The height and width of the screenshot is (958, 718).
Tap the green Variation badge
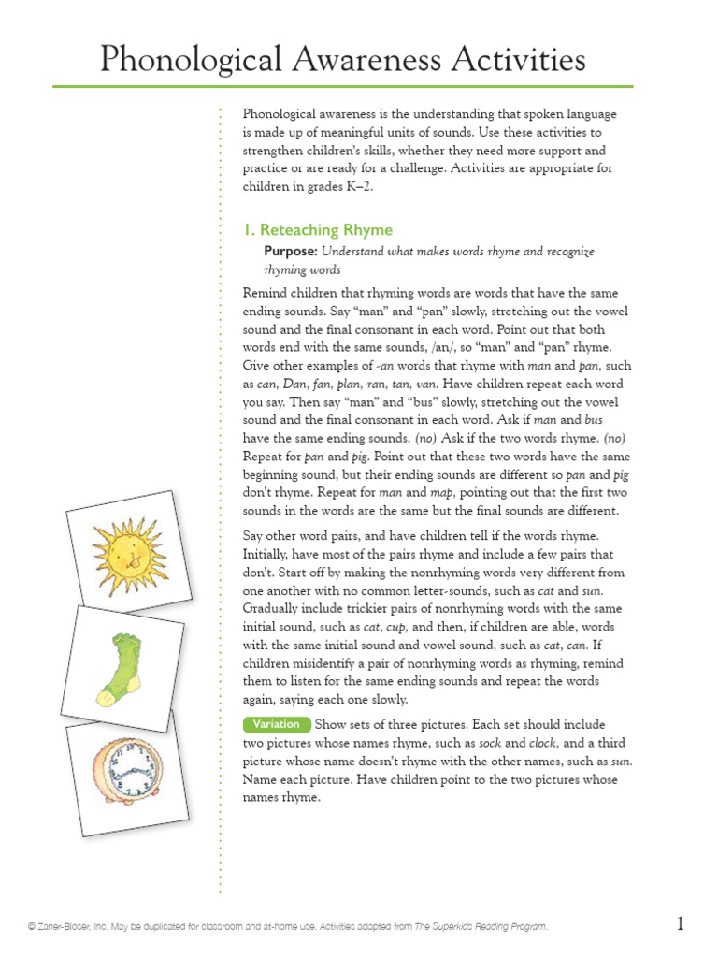point(276,724)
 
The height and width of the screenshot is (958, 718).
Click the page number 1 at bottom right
point(681,924)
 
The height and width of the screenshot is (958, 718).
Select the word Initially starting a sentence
point(270,554)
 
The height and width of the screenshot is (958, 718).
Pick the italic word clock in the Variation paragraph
point(542,743)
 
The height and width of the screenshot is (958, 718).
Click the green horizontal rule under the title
point(342,87)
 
